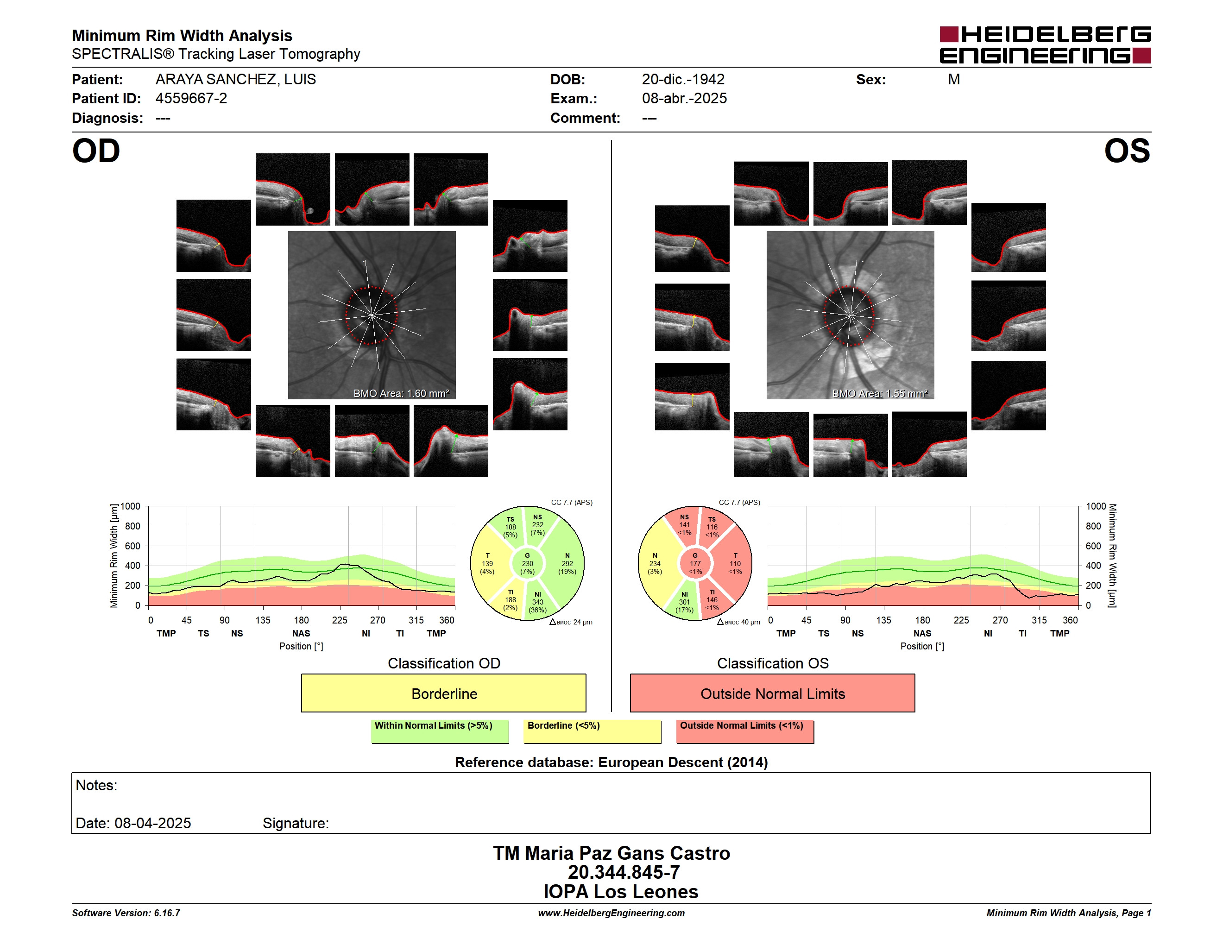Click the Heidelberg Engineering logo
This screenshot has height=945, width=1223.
point(1045,45)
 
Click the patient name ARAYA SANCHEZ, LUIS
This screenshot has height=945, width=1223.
point(236,80)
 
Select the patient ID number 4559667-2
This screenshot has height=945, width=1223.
point(191,99)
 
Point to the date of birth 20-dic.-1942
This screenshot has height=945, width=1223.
point(683,80)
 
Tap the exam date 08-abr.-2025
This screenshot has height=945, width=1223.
point(684,99)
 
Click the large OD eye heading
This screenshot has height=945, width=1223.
point(96,151)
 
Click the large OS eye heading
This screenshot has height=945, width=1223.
point(1127,151)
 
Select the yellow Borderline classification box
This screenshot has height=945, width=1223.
point(443,693)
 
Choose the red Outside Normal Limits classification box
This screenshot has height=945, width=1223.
point(773,693)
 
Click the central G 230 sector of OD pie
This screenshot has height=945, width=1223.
point(528,564)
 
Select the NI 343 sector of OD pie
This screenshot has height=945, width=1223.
point(538,602)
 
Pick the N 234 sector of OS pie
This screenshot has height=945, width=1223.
point(656,564)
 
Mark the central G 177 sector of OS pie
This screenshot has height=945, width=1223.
point(695,564)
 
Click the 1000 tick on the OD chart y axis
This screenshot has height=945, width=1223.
point(131,506)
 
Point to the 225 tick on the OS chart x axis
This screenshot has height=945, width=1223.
point(961,620)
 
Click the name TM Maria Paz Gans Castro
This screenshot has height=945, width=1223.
point(611,853)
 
